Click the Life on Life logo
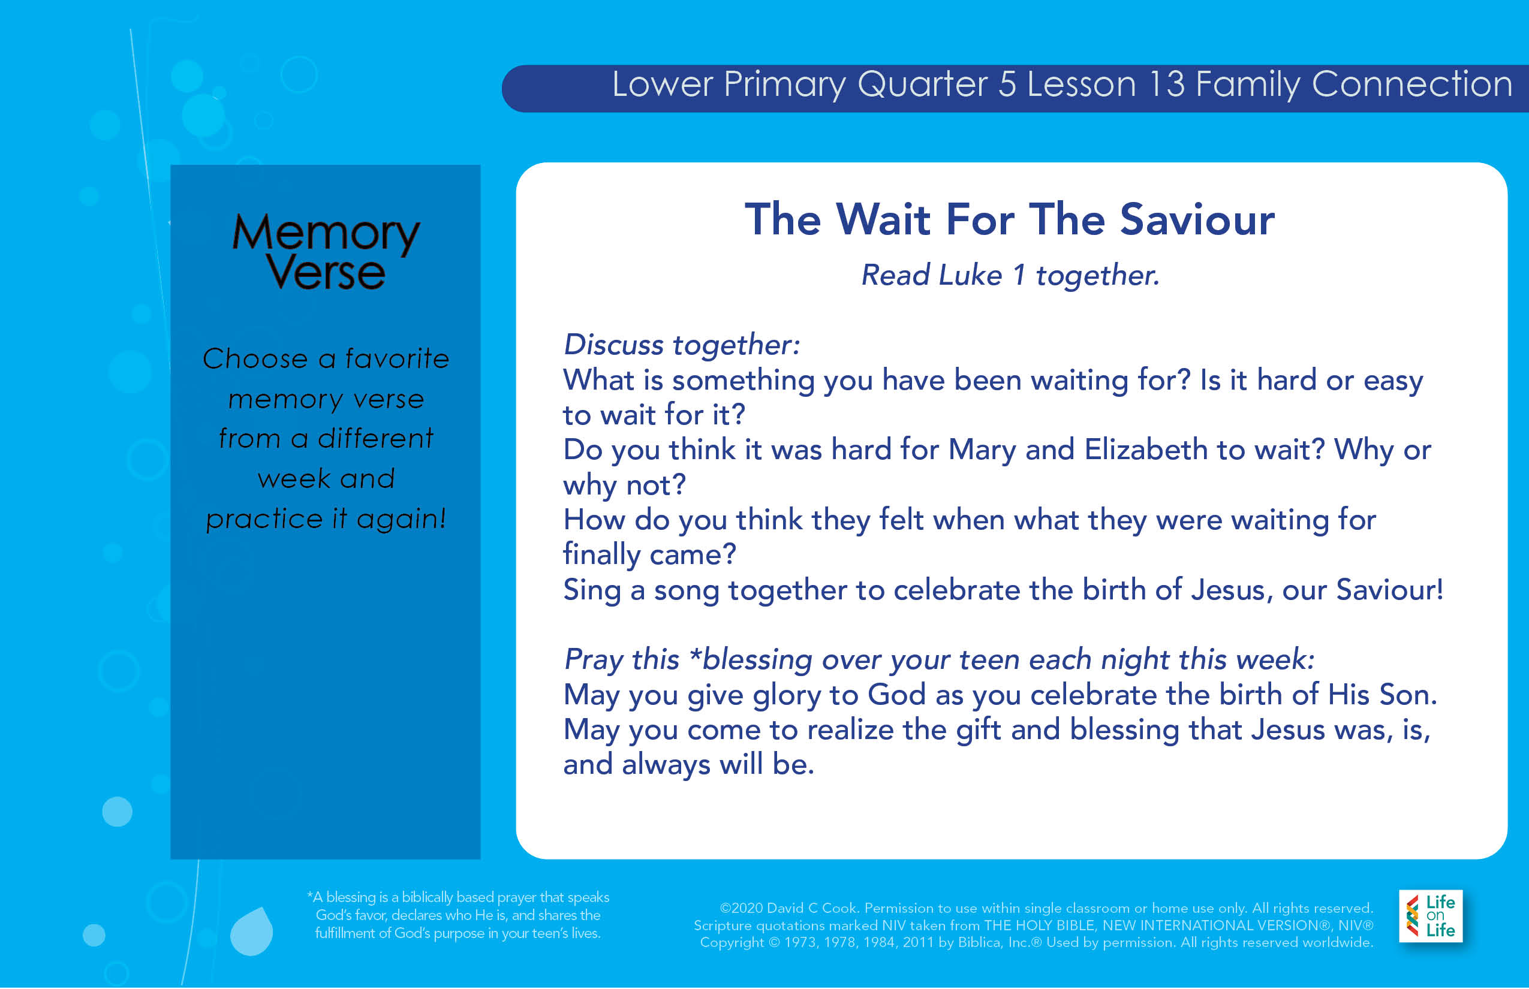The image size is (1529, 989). coord(1431,916)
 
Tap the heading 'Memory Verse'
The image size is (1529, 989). coord(326,251)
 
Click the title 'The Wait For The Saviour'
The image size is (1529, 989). coord(1010,219)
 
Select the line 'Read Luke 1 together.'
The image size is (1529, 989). coord(1010,276)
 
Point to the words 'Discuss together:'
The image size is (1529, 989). coord(682,345)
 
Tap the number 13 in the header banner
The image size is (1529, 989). coord(1166,84)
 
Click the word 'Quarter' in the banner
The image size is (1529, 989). coord(923,84)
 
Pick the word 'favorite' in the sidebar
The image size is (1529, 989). coord(397,358)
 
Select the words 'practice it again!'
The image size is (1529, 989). coord(326,518)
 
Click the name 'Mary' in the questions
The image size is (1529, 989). coord(982,450)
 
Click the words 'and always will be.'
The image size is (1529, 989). coord(689,764)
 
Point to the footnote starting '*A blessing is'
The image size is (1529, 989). coord(458,915)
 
